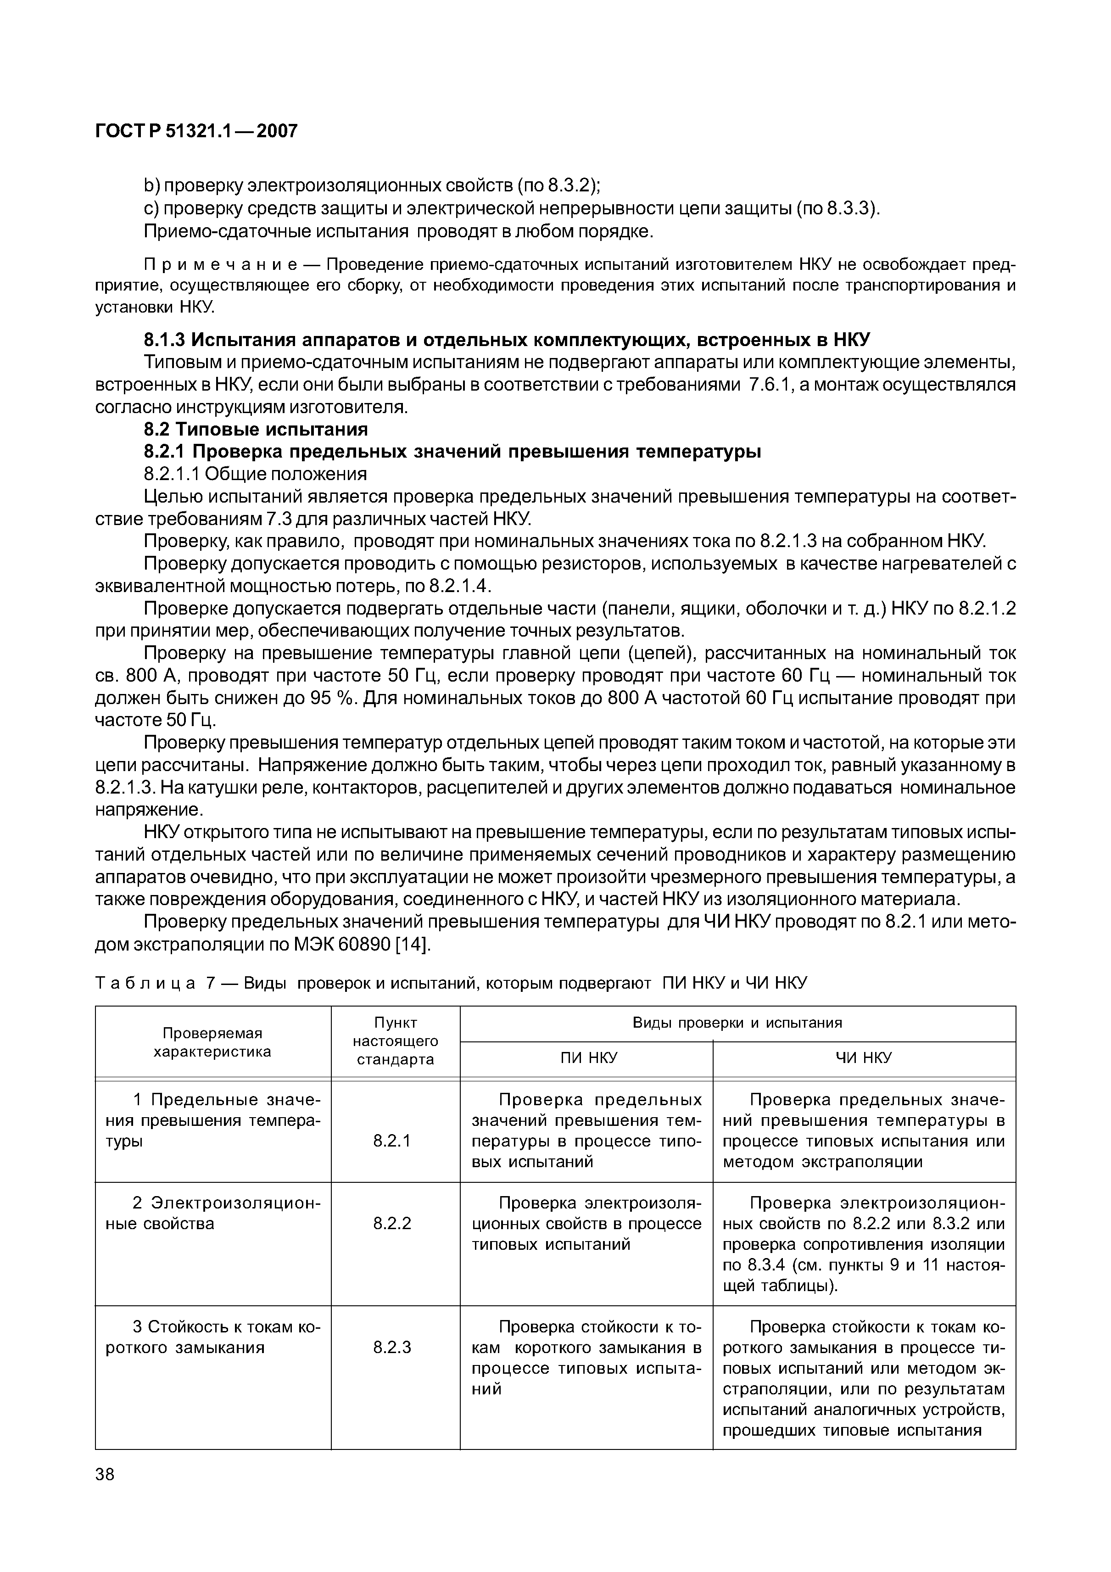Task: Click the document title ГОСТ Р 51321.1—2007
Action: point(196,131)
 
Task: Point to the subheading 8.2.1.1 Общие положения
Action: point(255,474)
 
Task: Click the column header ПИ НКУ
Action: point(588,1058)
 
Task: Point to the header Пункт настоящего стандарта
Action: point(395,1041)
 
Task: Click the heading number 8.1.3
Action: point(164,340)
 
